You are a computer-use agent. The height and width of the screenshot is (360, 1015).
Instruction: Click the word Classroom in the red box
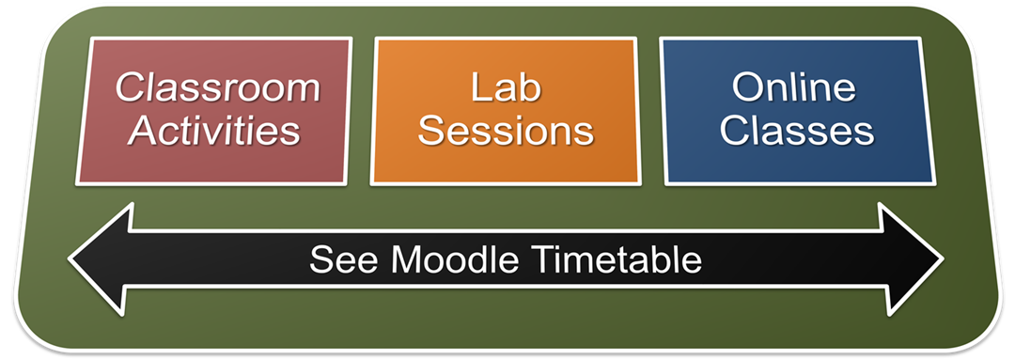218,87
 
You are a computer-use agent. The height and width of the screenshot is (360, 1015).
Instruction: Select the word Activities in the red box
214,130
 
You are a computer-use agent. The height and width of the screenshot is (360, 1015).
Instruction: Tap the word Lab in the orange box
506,87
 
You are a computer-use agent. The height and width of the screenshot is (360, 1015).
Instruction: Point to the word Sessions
506,130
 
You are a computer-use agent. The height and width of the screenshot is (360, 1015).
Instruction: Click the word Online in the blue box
793,87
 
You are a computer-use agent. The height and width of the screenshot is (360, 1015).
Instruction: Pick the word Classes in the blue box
797,130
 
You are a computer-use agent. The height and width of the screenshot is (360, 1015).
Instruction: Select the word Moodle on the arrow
455,260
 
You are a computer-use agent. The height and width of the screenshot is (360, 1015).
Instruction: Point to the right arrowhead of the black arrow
911,259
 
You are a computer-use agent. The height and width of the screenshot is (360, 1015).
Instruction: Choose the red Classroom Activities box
213,111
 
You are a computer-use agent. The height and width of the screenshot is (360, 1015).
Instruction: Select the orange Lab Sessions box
506,111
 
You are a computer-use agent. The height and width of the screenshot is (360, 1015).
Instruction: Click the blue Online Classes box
798,111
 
